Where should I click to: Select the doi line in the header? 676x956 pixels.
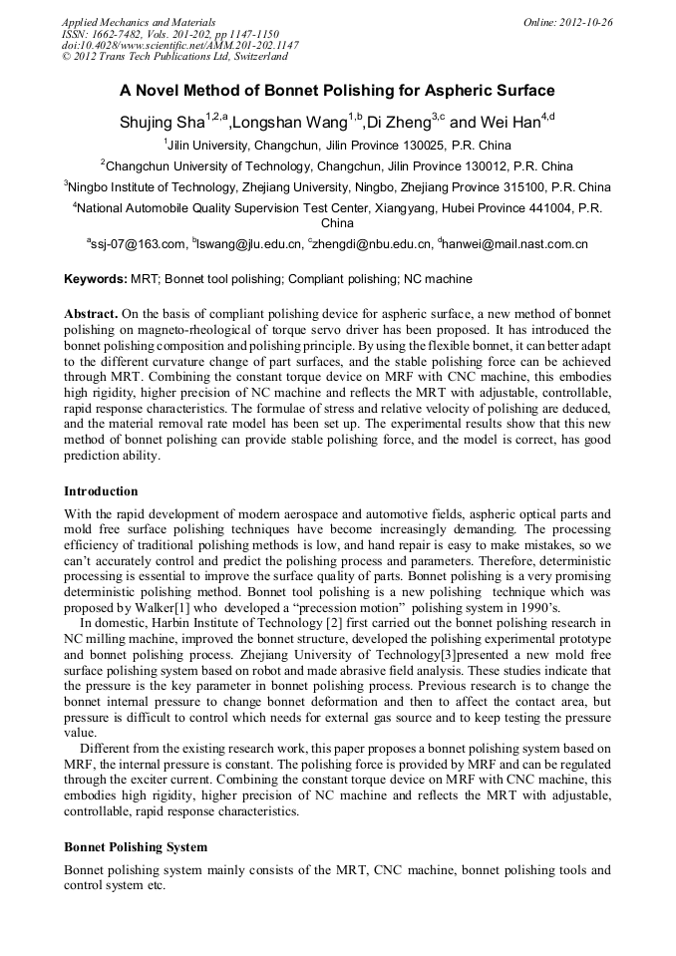(179, 45)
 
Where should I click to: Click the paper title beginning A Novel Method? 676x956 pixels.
(337, 91)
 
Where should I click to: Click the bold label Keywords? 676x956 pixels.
(95, 279)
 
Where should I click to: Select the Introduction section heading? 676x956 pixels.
(101, 491)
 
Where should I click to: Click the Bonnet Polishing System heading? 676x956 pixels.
(136, 847)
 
